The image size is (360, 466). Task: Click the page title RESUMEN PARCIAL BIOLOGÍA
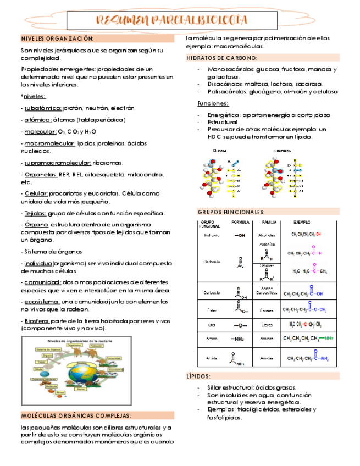point(171,20)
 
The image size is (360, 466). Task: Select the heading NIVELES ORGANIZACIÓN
point(57,38)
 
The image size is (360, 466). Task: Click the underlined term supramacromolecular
point(58,163)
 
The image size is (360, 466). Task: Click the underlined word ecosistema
point(42,302)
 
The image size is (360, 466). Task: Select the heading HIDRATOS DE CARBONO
point(221,58)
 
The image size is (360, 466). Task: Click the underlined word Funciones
point(213,103)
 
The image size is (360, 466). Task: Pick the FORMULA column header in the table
point(240,223)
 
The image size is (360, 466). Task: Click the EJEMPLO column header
point(301,223)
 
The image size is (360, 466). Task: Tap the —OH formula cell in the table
point(240,235)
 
